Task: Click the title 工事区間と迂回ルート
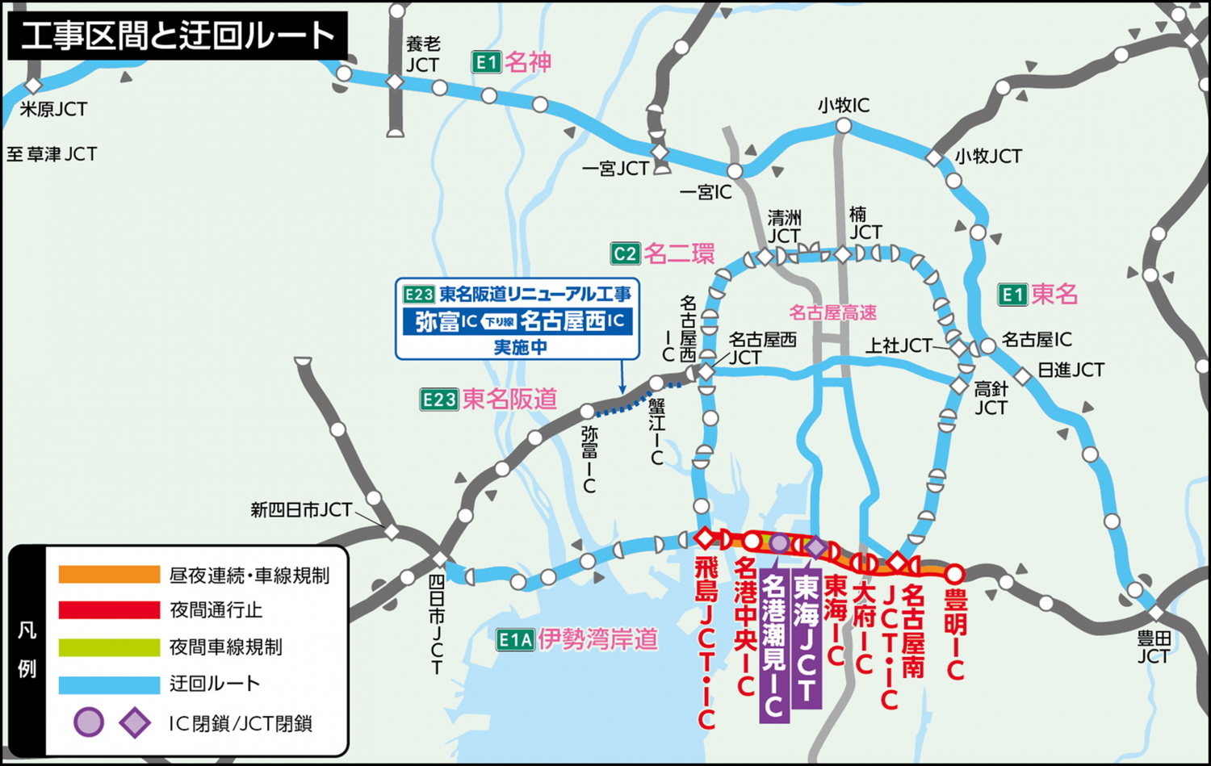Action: tap(177, 36)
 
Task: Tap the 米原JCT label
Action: tap(53, 109)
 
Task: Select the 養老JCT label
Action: tap(422, 54)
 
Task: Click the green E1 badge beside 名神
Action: tap(487, 62)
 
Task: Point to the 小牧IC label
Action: tap(844, 105)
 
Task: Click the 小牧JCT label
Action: tap(988, 156)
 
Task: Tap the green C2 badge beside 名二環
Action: tap(626, 253)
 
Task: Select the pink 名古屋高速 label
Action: tap(832, 312)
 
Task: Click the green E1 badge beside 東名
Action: tap(1012, 295)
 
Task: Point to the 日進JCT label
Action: tap(1071, 370)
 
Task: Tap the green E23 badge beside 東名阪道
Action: tap(439, 399)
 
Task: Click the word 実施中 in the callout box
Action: tap(520, 347)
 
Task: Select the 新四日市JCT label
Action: tap(301, 510)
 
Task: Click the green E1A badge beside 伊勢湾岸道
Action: tap(515, 640)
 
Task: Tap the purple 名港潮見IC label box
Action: tap(773, 646)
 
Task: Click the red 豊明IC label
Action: tap(955, 634)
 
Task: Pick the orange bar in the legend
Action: tap(109, 575)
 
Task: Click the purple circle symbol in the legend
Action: tap(89, 722)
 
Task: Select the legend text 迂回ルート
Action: tap(215, 684)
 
